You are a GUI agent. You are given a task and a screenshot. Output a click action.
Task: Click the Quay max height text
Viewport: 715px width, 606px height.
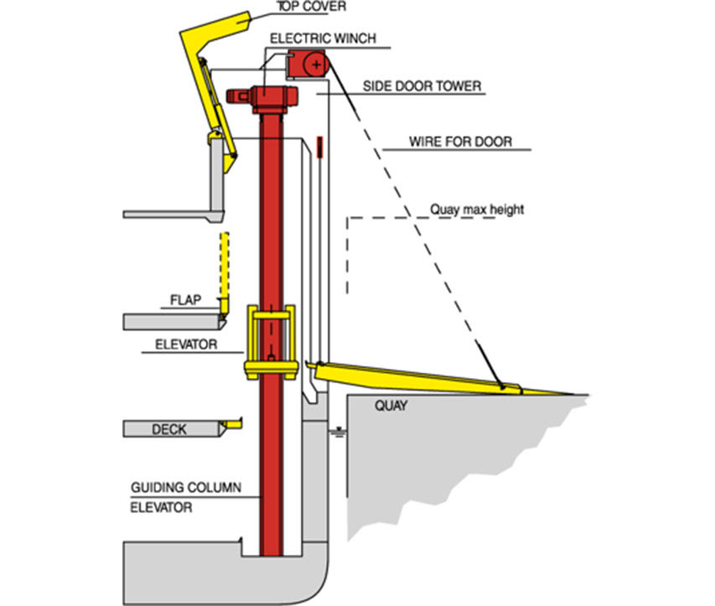[476, 209]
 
